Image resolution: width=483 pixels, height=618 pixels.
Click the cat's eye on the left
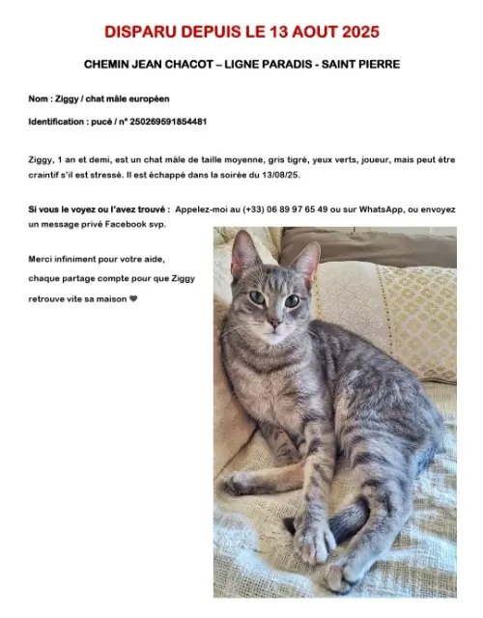click(x=255, y=297)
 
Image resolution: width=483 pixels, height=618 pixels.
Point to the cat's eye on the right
click(x=292, y=300)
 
